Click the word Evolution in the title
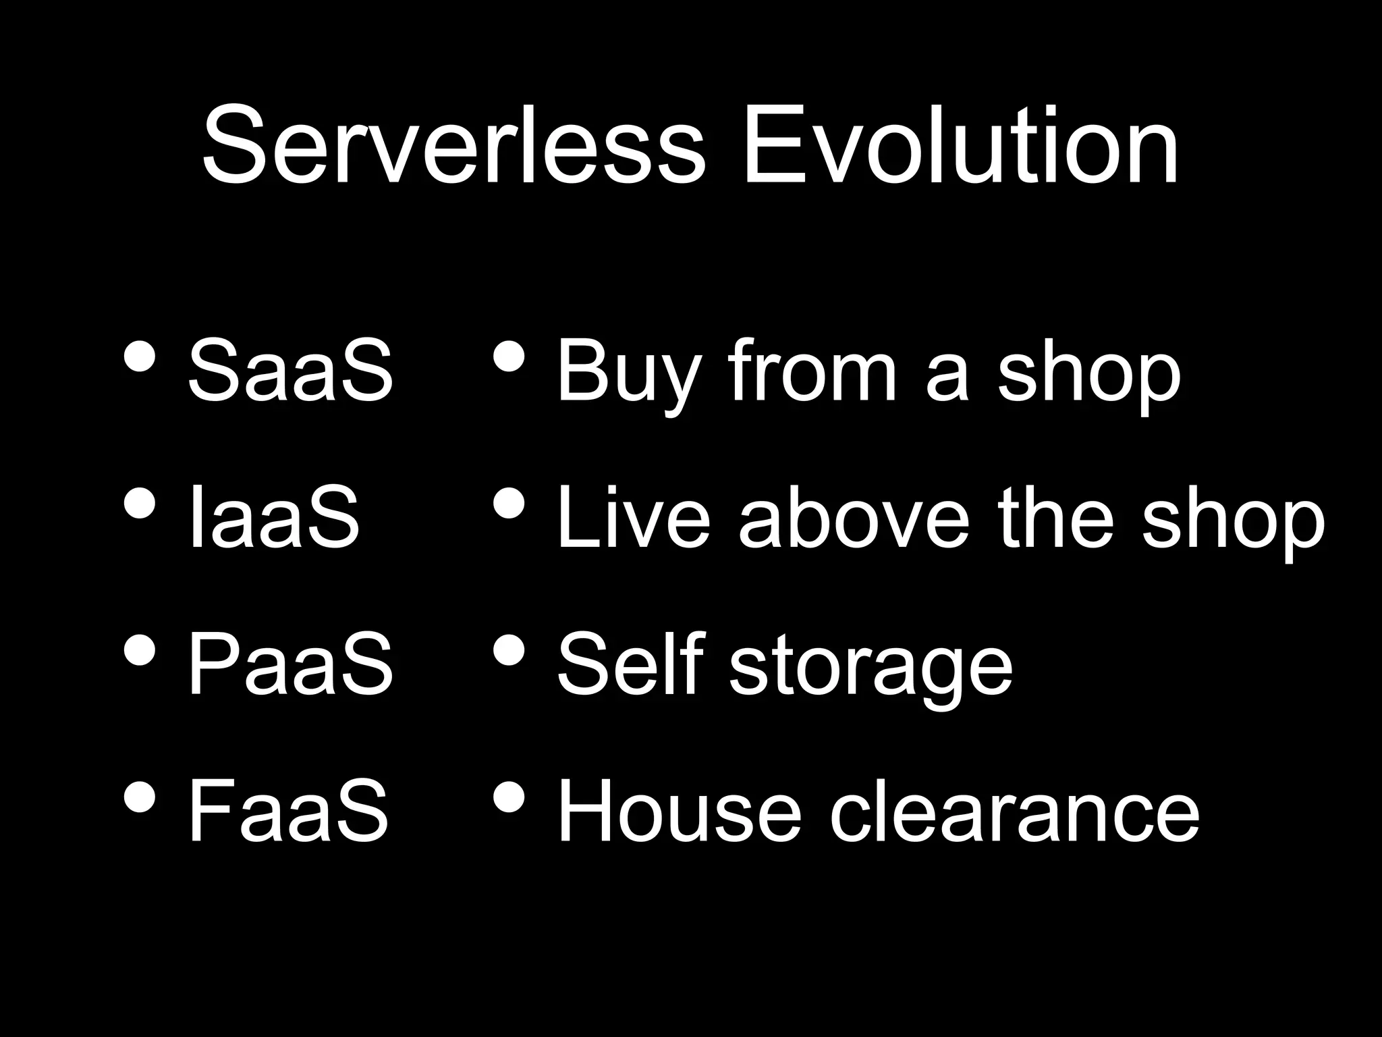pos(962,144)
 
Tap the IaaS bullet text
pos(274,517)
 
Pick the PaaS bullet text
pos(290,664)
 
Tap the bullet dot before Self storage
pos(509,650)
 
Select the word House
pos(679,810)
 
